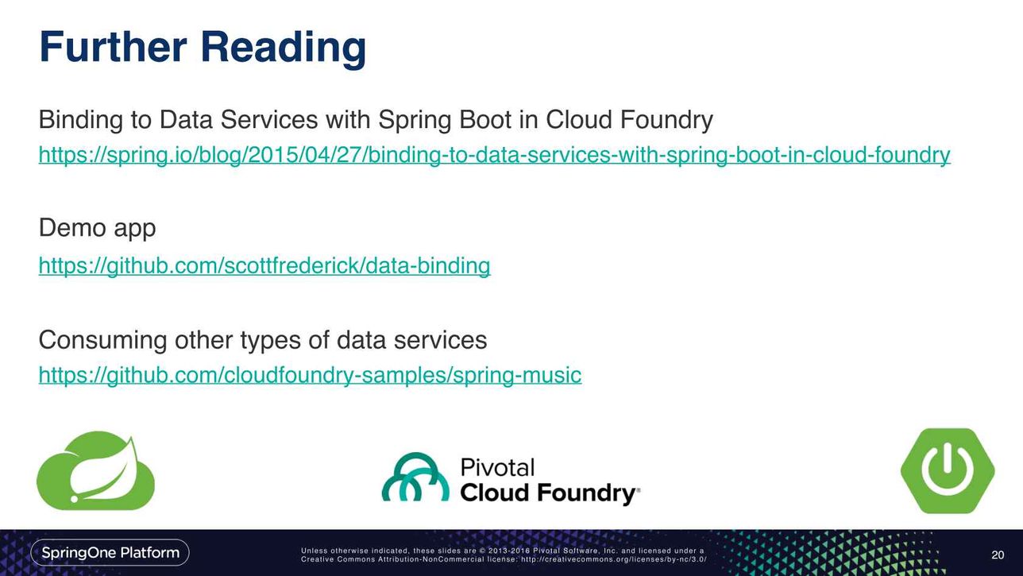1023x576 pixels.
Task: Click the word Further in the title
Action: (113, 47)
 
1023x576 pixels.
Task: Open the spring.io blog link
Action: (494, 155)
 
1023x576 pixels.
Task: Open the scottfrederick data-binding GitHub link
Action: (264, 266)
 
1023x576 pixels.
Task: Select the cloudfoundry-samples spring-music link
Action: (310, 376)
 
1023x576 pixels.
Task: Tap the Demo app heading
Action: (97, 228)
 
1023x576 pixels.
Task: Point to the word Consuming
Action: (102, 341)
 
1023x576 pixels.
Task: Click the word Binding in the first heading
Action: (81, 121)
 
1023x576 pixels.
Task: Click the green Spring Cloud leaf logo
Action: (95, 470)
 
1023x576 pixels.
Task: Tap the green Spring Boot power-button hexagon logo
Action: (948, 470)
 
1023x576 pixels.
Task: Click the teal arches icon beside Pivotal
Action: (415, 477)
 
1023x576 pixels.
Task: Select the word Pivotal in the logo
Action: (497, 467)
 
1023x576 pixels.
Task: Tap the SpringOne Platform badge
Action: (110, 553)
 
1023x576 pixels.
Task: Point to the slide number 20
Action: (998, 555)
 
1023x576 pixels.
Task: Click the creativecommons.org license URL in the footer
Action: (614, 559)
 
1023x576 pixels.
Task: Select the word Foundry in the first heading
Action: (666, 121)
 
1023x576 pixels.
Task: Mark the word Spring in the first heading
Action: (415, 121)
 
